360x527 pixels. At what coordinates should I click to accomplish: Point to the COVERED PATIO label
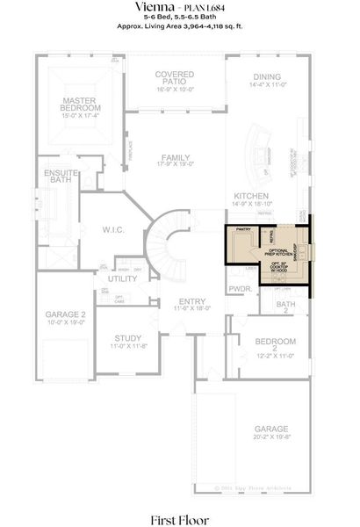coord(174,81)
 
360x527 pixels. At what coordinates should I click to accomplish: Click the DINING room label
coord(267,81)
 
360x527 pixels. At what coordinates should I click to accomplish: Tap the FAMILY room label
coord(176,161)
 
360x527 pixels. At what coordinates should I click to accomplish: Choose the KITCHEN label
coord(250,199)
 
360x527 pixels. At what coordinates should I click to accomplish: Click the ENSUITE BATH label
coord(58,177)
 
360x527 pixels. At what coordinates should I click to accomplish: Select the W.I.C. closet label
coord(112,231)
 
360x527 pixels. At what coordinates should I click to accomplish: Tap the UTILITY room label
coord(122,278)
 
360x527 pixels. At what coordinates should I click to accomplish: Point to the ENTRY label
coord(180,304)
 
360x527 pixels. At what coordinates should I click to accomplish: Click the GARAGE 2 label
coord(65,317)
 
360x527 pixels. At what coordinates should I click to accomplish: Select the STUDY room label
coord(126,340)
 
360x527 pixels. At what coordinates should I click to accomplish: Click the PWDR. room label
coord(239,288)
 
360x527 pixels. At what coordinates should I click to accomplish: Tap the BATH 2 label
coord(286,307)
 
